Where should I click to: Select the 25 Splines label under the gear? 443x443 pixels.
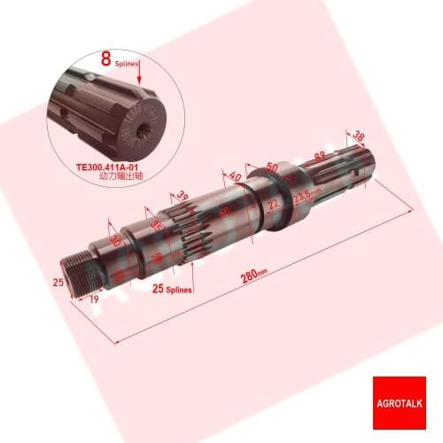(x=173, y=289)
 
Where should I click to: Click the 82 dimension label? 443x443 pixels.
(x=321, y=157)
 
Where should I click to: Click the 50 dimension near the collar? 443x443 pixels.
(x=271, y=166)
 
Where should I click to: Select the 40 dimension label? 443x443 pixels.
(x=234, y=176)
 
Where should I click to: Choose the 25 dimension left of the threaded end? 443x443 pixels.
(x=57, y=281)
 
